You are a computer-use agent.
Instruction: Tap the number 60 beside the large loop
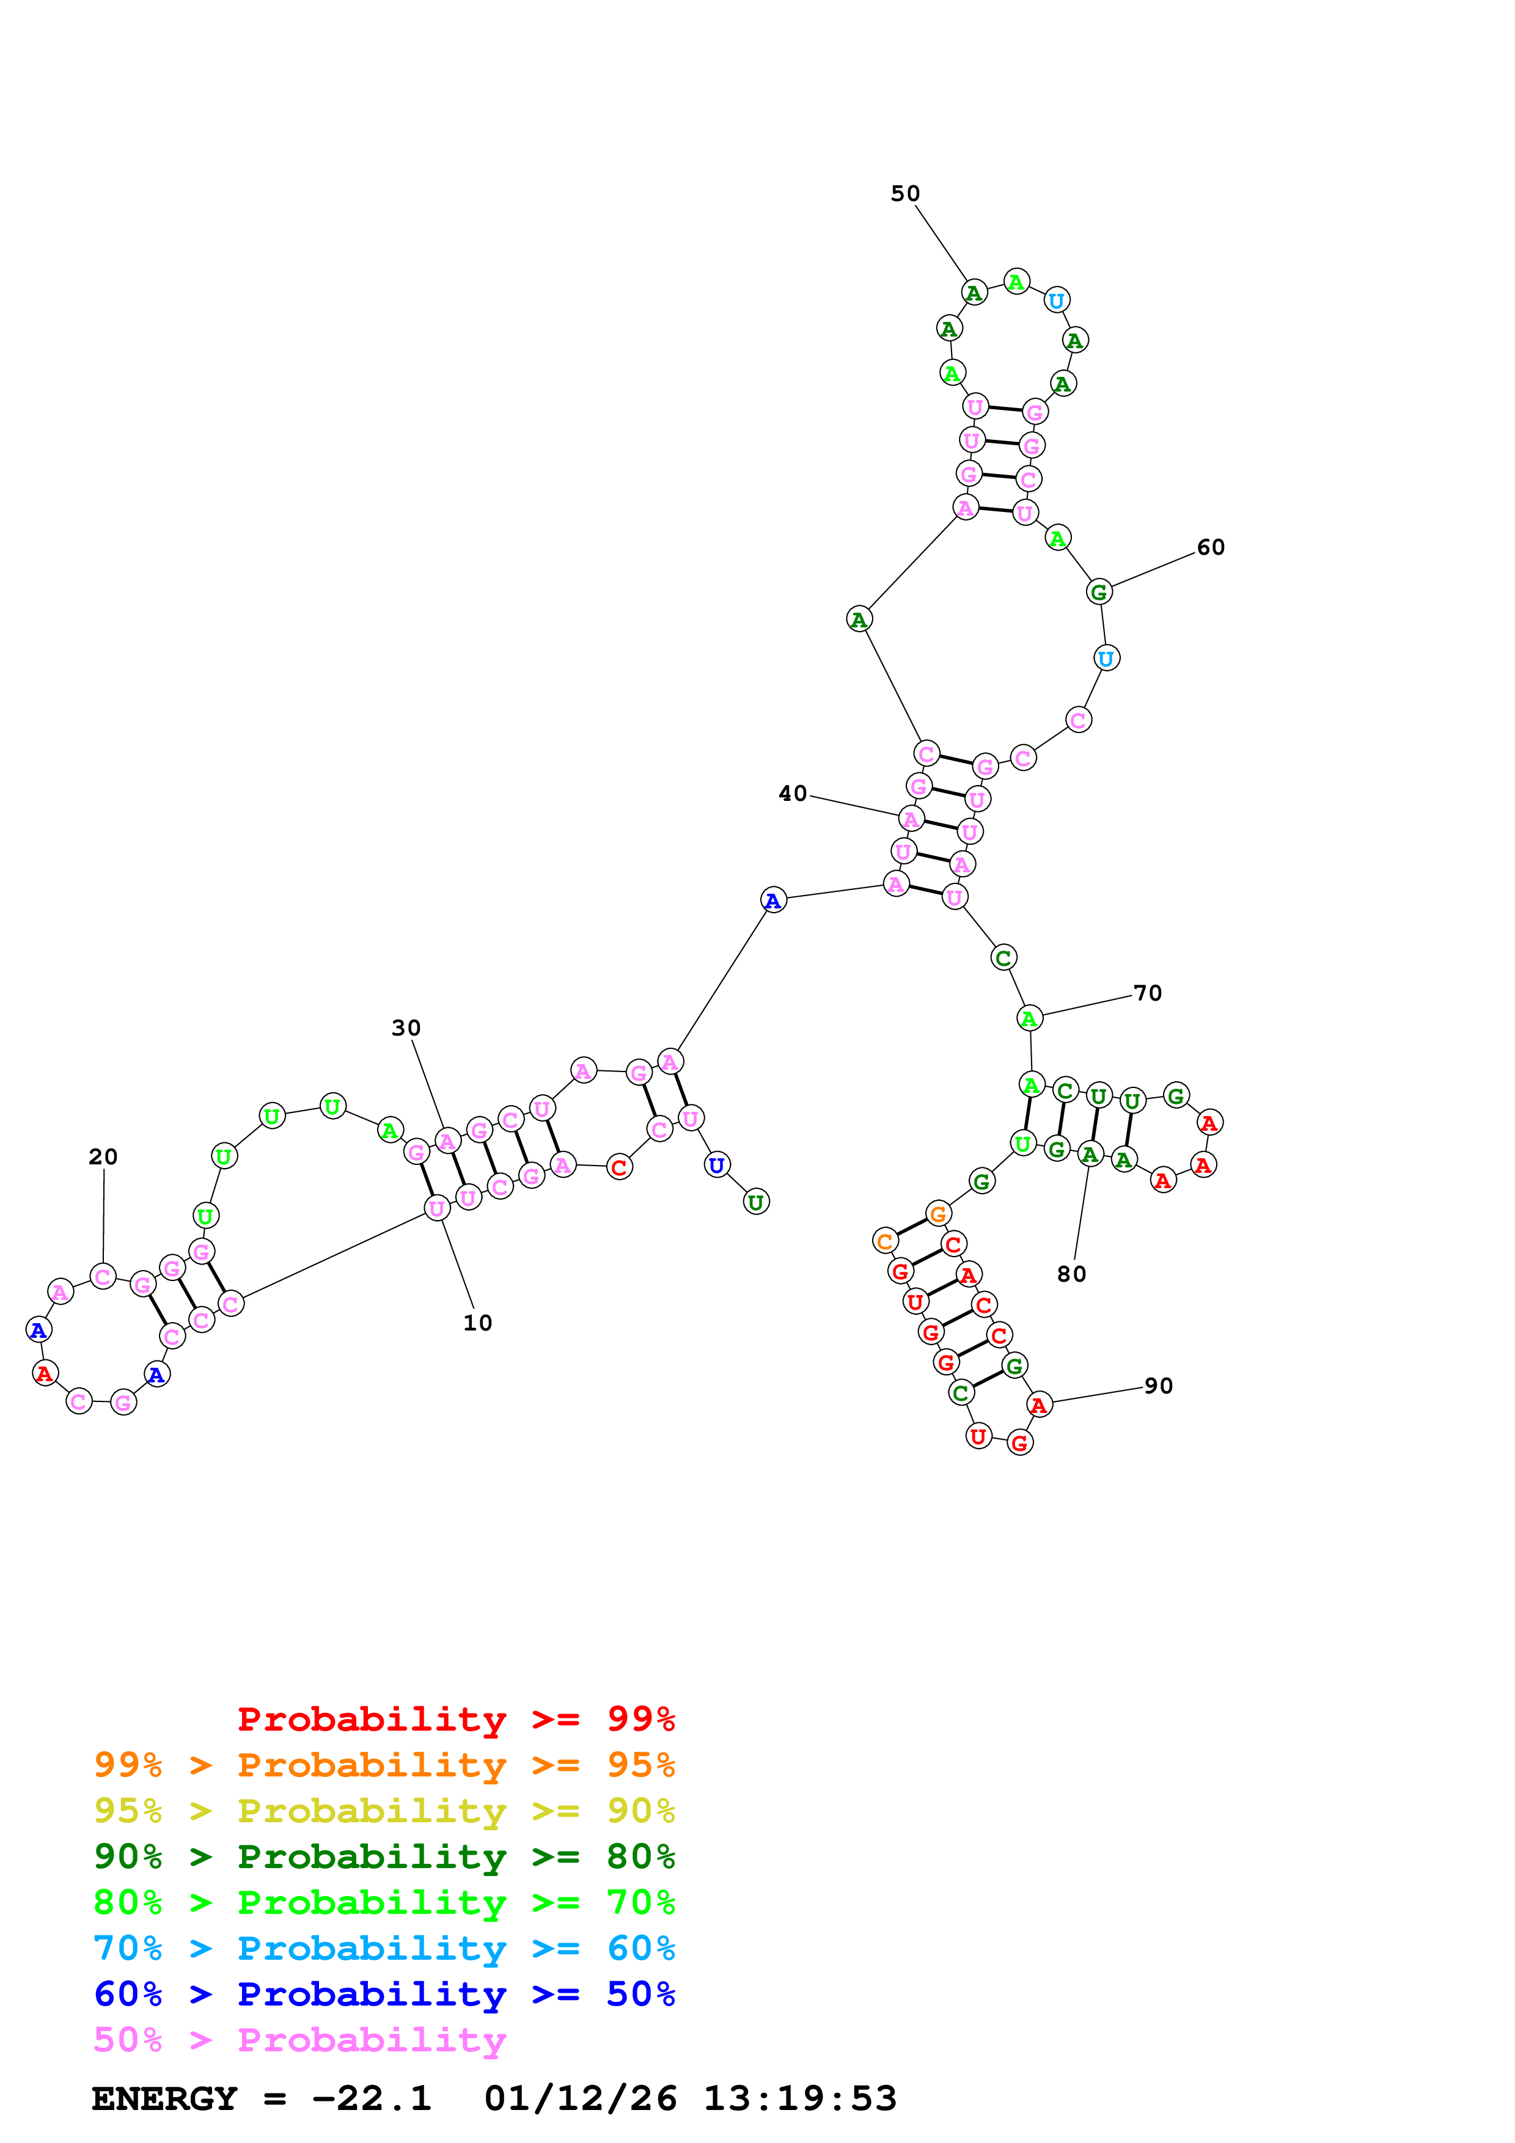[x=1210, y=547]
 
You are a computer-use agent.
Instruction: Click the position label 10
[x=477, y=1323]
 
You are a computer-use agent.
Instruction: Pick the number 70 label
[x=1147, y=993]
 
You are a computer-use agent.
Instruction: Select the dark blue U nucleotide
[x=716, y=1165]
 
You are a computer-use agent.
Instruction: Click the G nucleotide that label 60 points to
[x=1099, y=592]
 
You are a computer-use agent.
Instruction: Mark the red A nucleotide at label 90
[x=1039, y=1404]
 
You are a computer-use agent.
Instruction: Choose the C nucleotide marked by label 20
[x=103, y=1276]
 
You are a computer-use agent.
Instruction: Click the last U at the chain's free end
[x=756, y=1202]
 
